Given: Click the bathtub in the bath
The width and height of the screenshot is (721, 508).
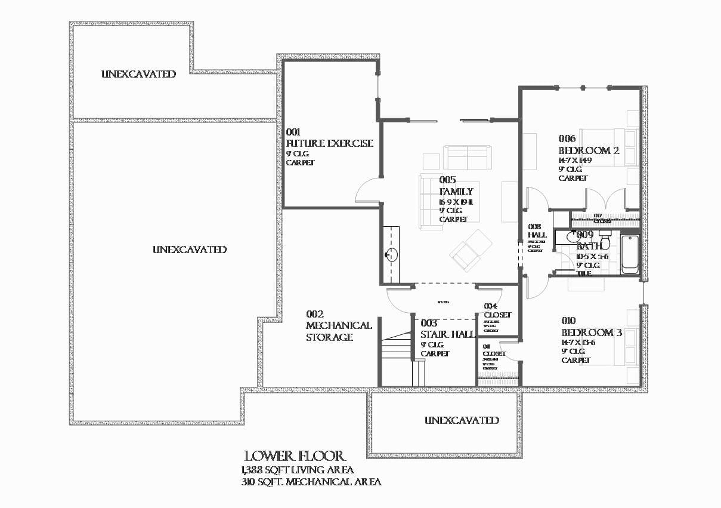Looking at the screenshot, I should [630, 255].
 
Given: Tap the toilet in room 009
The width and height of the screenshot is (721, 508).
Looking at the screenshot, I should [605, 239].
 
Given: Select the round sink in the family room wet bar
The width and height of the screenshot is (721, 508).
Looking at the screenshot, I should [391, 255].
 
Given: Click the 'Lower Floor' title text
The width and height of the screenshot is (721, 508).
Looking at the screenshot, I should [294, 457].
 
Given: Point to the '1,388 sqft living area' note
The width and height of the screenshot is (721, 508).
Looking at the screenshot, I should [298, 470].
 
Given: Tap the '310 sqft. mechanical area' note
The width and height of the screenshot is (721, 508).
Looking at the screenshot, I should [311, 482].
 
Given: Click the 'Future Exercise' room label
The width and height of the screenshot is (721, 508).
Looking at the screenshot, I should [329, 143].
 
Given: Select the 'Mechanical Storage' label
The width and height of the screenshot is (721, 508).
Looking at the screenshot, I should [338, 331].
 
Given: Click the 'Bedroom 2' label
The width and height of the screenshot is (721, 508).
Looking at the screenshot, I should [589, 150].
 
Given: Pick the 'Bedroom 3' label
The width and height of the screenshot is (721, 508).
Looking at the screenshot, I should [591, 332].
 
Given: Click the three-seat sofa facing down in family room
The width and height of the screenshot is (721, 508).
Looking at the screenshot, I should [467, 158].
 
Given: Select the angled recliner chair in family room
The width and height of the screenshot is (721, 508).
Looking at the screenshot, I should [471, 250].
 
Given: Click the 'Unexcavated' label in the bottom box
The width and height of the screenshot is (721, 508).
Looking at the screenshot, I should [462, 420].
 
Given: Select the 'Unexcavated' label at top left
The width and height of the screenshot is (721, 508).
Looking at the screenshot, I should [138, 74].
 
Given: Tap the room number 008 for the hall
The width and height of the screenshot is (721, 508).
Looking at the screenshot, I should [535, 227].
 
